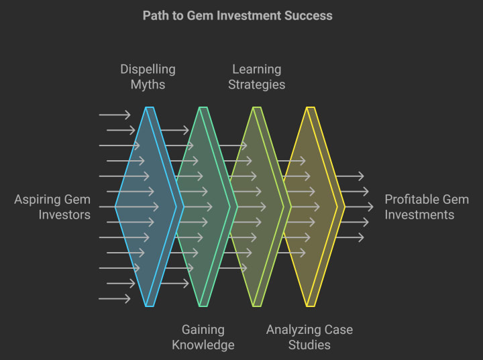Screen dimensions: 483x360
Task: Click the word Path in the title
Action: tap(156, 15)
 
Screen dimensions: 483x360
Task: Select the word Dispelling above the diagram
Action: tap(148, 69)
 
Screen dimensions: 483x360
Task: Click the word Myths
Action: tap(148, 84)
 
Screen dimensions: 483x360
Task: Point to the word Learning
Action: tap(257, 69)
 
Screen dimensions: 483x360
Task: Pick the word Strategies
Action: tap(257, 84)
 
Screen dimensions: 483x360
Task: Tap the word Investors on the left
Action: tap(64, 215)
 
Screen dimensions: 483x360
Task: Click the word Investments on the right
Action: tap(419, 215)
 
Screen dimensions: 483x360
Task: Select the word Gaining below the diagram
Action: tap(203, 330)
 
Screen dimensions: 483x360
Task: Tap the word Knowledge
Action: tap(203, 345)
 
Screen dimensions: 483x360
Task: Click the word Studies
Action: tap(309, 345)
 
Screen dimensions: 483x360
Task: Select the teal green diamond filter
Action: tap(201, 206)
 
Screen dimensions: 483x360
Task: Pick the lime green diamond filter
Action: tap(255, 206)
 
